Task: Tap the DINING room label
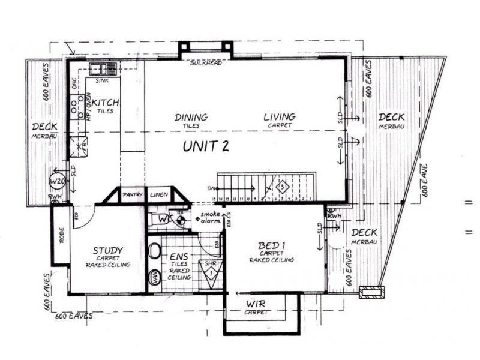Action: coord(191,117)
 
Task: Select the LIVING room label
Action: coord(279,116)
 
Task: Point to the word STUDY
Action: coord(109,250)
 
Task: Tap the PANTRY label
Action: coord(131,195)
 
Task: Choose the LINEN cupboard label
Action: coord(158,195)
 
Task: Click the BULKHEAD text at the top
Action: coord(206,63)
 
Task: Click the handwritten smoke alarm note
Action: coord(210,217)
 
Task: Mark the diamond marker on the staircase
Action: coord(282,187)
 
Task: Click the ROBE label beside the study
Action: coord(60,234)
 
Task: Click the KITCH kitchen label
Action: coord(106,103)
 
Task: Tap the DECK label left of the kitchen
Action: coord(44,127)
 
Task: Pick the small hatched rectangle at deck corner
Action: coord(368,292)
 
